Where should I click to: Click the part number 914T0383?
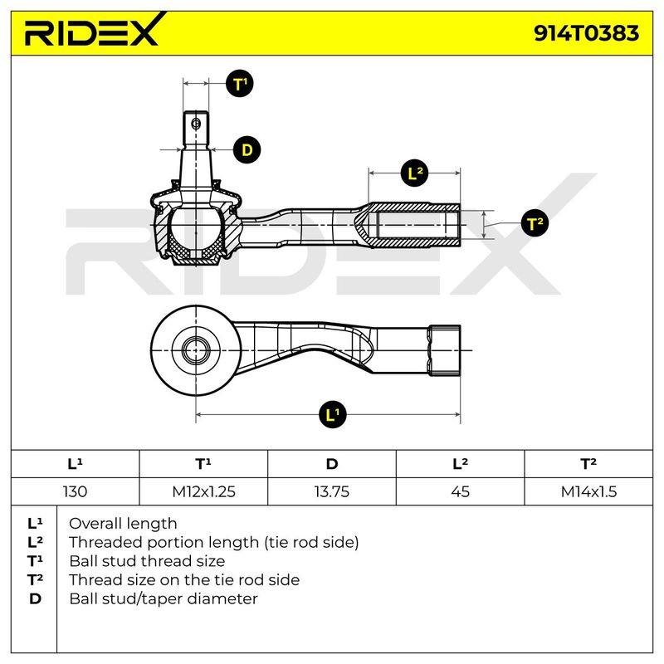click(586, 33)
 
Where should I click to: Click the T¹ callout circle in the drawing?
click(239, 84)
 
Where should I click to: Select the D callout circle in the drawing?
click(247, 150)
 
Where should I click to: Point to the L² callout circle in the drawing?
click(414, 173)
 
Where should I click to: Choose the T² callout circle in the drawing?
click(535, 223)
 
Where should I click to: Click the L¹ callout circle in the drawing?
click(333, 414)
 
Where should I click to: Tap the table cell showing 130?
click(75, 491)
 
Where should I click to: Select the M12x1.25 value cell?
click(203, 491)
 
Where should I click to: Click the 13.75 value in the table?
click(332, 491)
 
